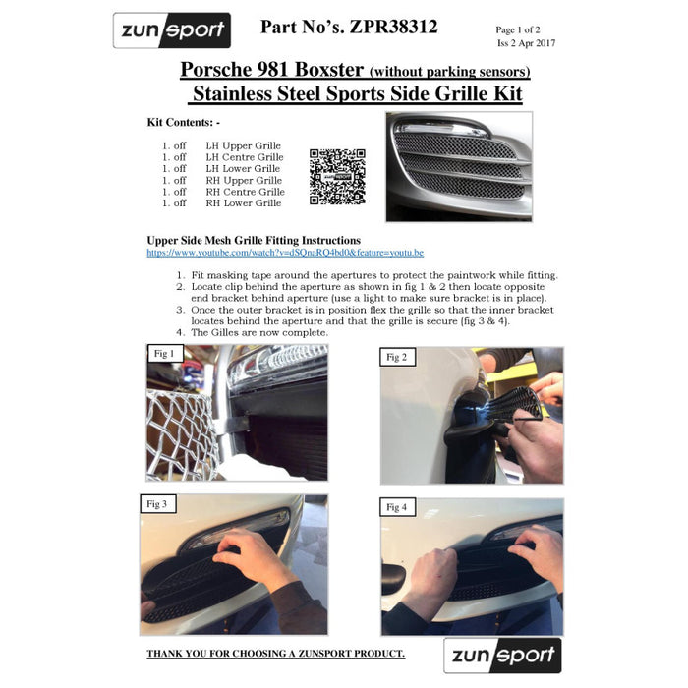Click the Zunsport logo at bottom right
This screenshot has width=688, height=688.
pyautogui.click(x=502, y=655)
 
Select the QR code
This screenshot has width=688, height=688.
pyautogui.click(x=337, y=177)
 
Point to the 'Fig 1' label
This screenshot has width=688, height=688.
pyautogui.click(x=164, y=354)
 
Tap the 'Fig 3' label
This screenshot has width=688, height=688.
pyautogui.click(x=157, y=504)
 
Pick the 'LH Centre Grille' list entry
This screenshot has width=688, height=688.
pyautogui.click(x=244, y=157)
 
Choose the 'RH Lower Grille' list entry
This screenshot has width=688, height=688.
pyautogui.click(x=243, y=203)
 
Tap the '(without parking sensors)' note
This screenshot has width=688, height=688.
pyautogui.click(x=449, y=72)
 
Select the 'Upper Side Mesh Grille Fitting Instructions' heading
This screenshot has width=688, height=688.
pyautogui.click(x=253, y=240)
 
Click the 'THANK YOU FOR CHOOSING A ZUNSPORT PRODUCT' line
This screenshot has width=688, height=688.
pyautogui.click(x=275, y=654)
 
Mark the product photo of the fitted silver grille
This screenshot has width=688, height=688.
pyautogui.click(x=459, y=166)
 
